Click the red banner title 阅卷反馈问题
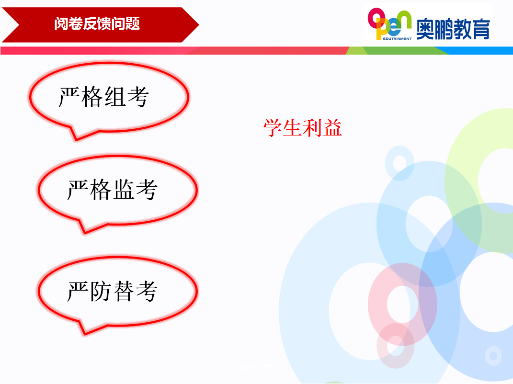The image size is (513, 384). [97, 24]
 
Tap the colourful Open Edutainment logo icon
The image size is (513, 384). [389, 24]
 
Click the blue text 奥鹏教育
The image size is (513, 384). [453, 29]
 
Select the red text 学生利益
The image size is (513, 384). [303, 127]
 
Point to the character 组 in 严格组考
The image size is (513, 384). [115, 97]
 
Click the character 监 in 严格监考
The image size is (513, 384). [124, 190]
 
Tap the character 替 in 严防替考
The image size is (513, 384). [124, 291]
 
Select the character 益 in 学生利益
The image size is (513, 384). [332, 127]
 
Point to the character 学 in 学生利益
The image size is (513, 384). [273, 127]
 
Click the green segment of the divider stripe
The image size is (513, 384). [396, 51]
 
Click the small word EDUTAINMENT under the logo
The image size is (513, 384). [397, 39]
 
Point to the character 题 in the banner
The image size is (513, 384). [133, 24]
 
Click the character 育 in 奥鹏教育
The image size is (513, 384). [481, 29]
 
